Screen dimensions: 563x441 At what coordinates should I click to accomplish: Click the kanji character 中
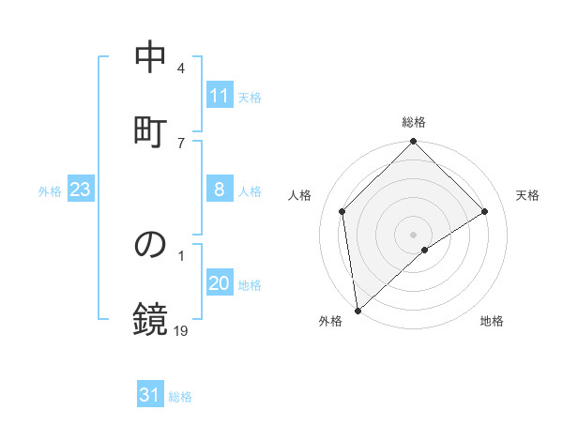point(150,58)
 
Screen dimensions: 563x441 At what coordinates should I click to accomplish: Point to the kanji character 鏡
point(150,318)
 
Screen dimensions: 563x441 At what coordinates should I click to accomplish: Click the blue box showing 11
point(220,96)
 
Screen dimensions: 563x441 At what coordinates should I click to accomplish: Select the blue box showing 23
point(81,190)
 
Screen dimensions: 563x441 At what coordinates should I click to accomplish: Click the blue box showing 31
point(150,396)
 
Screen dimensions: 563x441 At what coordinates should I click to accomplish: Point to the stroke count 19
point(181,330)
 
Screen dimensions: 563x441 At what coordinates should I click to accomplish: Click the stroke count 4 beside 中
point(181,69)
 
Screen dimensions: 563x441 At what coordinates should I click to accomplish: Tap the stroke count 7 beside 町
point(181,144)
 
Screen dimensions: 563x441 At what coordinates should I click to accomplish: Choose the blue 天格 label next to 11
point(250,97)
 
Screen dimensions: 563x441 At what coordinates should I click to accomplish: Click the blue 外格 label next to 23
point(50,191)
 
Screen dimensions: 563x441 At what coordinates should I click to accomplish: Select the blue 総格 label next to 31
point(180,397)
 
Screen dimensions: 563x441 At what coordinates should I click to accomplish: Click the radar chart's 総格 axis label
point(414,122)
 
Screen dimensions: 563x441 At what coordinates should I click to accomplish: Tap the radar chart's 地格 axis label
point(492,321)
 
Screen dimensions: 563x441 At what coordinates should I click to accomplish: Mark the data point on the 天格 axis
point(485,211)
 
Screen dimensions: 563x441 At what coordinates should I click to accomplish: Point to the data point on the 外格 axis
point(357,311)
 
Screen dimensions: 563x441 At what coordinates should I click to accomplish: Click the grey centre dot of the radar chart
point(414,234)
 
